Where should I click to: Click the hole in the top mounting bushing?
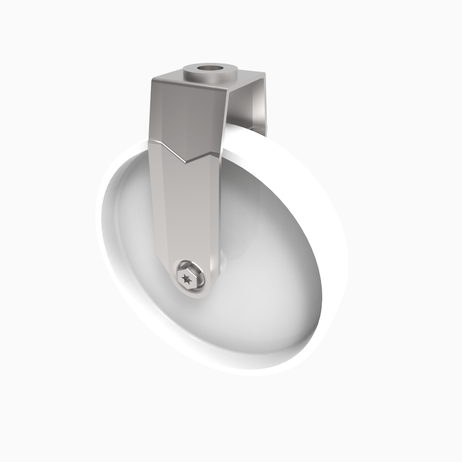point(210,73)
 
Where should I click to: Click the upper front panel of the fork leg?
point(185,115)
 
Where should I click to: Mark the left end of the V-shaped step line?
point(148,139)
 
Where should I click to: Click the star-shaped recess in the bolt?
point(186,279)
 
